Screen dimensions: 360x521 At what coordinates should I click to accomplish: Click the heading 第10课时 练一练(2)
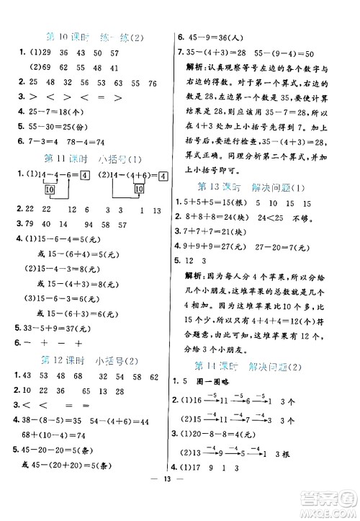94,37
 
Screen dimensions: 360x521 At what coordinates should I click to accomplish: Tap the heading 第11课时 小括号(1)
94,159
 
